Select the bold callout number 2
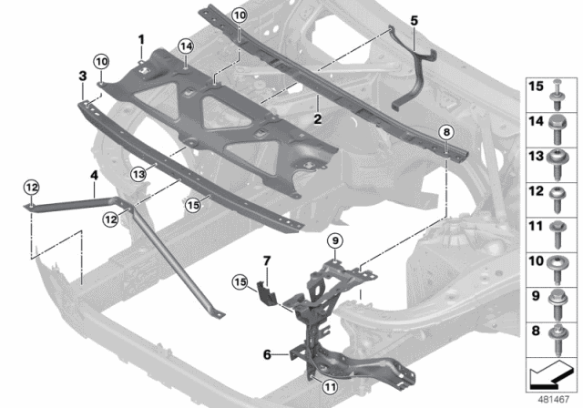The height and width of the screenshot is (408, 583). [316, 117]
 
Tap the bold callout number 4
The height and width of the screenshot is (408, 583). [93, 175]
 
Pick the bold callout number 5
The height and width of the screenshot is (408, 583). [414, 18]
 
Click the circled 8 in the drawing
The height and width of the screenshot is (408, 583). [446, 132]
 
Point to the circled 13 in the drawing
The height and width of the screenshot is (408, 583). [138, 173]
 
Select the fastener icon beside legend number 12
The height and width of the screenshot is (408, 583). [558, 194]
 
